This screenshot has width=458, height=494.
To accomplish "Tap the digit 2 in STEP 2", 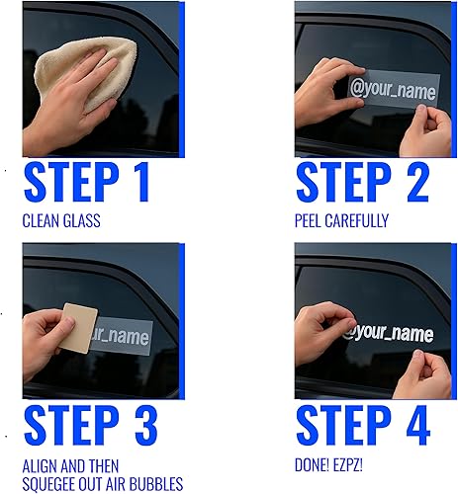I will pyautogui.click(x=414, y=184).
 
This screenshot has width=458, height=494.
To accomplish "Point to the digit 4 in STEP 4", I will pyautogui.click(x=414, y=424).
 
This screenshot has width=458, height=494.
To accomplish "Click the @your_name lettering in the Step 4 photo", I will pyautogui.click(x=388, y=334).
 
